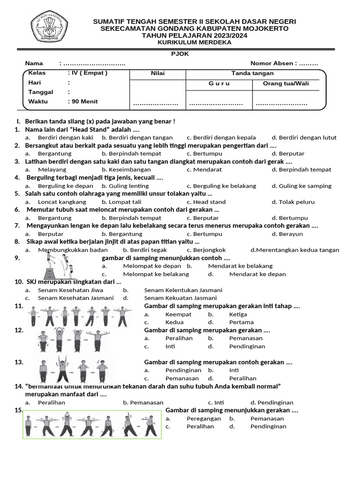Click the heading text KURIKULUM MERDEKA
tap(195, 42)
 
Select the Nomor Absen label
tap(273, 63)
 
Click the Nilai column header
tap(157, 73)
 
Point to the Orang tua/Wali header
tap(286, 83)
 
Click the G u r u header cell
tap(219, 83)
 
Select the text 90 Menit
tap(84, 101)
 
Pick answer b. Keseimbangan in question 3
tap(126, 169)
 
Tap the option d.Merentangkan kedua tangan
tap(295, 250)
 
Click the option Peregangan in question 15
tap(203, 418)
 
